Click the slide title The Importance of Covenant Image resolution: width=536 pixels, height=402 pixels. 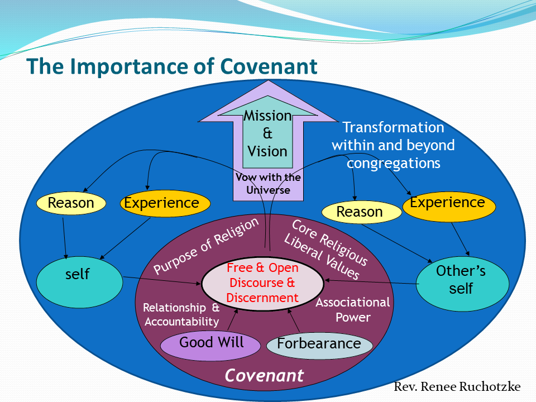coord(172,66)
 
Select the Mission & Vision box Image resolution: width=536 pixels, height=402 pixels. coord(267,133)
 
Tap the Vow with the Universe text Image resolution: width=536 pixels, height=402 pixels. coord(268,184)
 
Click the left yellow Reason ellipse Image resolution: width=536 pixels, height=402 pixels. coord(71,203)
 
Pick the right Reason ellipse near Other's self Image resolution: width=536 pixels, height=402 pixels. coord(360,212)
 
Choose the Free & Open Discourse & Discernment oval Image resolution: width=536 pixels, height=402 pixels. coord(262,283)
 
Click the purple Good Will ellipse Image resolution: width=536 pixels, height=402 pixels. coord(211,343)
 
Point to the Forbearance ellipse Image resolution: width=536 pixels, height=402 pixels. coord(319,343)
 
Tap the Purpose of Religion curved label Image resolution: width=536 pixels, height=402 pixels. coord(206,246)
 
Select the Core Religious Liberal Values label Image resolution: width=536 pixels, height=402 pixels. coord(327,249)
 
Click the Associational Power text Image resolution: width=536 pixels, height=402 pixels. coord(352,310)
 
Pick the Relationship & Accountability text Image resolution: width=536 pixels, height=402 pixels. coord(181,314)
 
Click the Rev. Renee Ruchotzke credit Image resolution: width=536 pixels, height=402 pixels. coord(457,387)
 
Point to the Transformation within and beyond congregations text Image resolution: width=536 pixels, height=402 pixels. coord(393,145)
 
